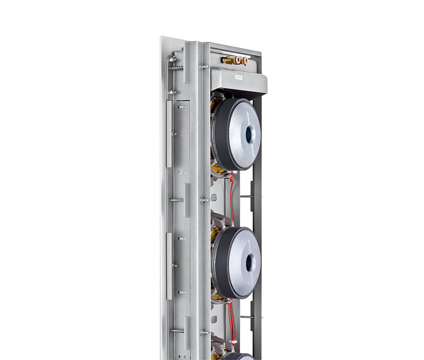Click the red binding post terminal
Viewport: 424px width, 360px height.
[244, 60]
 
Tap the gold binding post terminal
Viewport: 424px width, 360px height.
[230, 60]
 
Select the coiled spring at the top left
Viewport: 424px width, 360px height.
[177, 68]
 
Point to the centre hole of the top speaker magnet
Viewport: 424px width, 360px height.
[249, 134]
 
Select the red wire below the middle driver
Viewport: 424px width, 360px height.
[232, 318]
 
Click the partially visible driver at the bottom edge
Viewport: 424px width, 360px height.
[238, 356]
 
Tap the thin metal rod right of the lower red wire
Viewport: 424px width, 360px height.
[246, 317]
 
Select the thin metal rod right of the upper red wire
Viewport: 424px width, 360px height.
[246, 196]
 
